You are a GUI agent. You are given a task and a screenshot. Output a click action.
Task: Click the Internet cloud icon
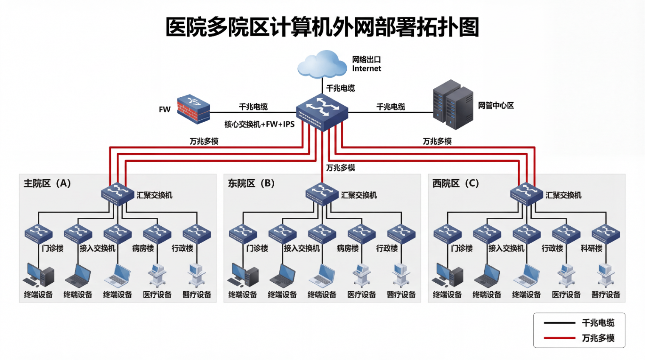click(x=322, y=65)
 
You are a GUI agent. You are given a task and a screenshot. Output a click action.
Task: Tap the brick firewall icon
click(x=193, y=109)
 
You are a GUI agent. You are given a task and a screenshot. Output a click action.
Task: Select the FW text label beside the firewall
click(x=165, y=110)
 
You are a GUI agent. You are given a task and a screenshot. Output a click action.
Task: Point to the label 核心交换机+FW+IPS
click(x=259, y=124)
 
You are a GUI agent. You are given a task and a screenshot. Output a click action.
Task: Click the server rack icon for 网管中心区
click(x=453, y=105)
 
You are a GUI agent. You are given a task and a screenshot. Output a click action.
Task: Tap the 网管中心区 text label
click(x=496, y=105)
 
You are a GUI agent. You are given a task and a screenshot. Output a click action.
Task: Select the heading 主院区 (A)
click(x=47, y=183)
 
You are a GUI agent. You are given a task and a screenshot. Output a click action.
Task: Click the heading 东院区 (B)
click(x=251, y=183)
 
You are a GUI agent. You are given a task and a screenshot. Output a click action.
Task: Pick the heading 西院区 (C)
click(x=455, y=183)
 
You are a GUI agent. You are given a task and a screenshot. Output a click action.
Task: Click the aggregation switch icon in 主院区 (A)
click(x=118, y=194)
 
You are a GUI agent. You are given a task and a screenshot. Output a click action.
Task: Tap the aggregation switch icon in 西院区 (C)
click(x=526, y=194)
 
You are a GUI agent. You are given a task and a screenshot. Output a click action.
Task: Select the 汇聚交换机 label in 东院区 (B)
click(x=359, y=195)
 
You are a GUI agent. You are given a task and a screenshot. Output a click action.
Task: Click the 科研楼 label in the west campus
click(x=591, y=248)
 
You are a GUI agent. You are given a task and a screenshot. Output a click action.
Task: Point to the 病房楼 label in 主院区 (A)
click(x=143, y=248)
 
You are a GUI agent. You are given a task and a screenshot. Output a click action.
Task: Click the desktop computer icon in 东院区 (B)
click(x=243, y=275)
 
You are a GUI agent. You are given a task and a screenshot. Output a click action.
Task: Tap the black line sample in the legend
click(x=559, y=323)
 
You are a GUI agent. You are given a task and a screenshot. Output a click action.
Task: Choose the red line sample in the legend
click(x=559, y=338)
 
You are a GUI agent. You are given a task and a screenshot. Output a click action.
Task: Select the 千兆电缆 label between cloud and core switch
click(x=340, y=88)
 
